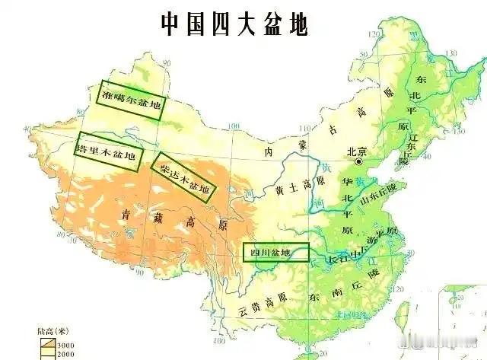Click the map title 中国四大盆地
tap(234, 24)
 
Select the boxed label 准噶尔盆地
tap(132, 100)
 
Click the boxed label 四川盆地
tap(276, 252)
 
